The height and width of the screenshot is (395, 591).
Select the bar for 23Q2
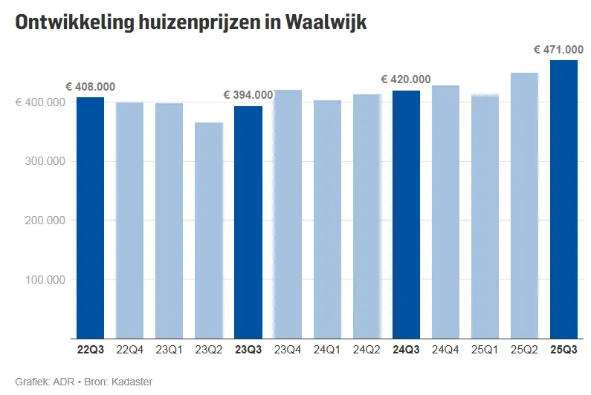coord(209,230)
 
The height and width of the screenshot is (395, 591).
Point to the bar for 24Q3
coord(406,215)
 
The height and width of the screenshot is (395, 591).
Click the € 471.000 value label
coord(558,50)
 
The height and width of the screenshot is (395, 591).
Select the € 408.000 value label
coord(90,87)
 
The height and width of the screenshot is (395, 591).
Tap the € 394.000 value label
coord(248,95)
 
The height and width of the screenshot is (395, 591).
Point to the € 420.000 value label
coord(405,79)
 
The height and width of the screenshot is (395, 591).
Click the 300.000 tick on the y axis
coord(41,161)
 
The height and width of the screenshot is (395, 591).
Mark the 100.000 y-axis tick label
coord(41,280)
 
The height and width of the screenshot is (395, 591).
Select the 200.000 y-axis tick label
coord(41,221)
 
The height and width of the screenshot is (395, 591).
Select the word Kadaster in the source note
coord(131,382)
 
